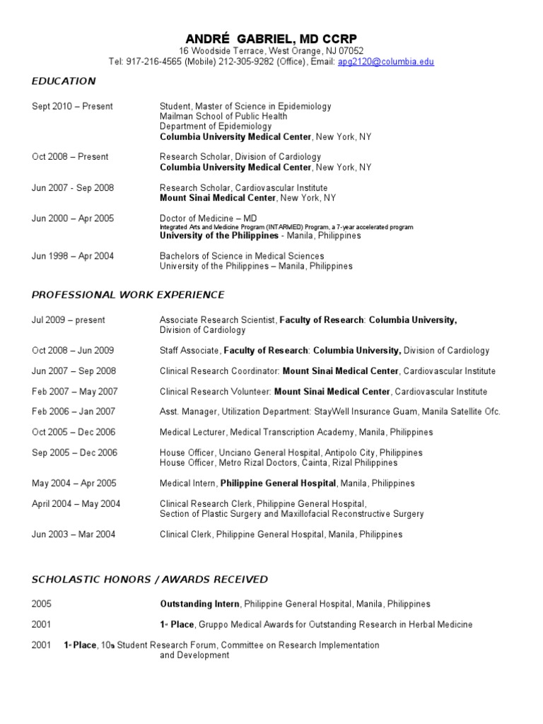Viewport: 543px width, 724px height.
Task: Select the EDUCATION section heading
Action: click(x=64, y=81)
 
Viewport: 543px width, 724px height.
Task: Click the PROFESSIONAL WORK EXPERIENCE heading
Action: click(x=128, y=295)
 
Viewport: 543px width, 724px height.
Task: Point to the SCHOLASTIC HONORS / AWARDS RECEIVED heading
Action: click(x=150, y=580)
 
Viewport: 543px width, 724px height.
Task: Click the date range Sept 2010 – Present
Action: click(x=72, y=107)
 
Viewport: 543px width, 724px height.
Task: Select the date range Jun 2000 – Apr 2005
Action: click(x=72, y=219)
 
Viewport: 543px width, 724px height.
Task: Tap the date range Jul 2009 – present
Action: click(x=69, y=320)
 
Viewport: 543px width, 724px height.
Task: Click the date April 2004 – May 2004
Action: click(x=76, y=504)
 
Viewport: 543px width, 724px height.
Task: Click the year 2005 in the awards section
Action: click(x=42, y=605)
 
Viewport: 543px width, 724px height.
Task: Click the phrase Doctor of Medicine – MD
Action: click(x=207, y=219)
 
